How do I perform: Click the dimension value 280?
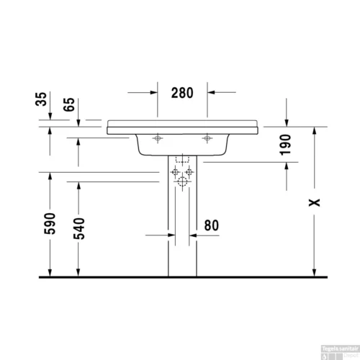click(x=183, y=92)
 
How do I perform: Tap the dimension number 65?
click(x=71, y=103)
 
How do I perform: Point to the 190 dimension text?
click(x=287, y=145)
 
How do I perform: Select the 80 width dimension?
click(x=211, y=225)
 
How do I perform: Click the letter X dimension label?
click(x=314, y=202)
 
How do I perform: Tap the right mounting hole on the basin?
click(x=207, y=138)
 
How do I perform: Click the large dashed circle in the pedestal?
click(x=181, y=181)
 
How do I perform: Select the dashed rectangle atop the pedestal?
click(x=181, y=161)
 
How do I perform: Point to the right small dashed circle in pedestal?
click(x=189, y=173)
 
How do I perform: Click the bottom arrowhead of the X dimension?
click(x=315, y=271)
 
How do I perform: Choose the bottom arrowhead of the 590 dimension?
click(x=50, y=271)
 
